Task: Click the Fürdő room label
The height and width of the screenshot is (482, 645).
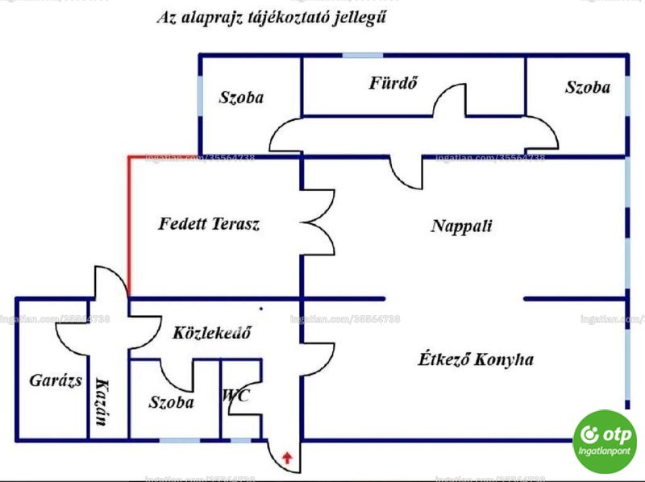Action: [393, 83]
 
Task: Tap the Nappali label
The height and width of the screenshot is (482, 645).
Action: [461, 226]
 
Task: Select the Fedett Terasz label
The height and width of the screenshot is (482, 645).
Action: [209, 224]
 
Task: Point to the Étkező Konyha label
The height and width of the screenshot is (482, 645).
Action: [476, 359]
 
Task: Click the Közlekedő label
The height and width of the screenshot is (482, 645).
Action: [212, 332]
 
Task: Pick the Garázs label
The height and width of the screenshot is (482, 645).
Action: [56, 380]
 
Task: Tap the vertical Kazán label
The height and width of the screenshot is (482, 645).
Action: [103, 402]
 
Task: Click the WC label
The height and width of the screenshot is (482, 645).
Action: [235, 396]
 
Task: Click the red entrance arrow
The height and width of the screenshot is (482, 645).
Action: [287, 457]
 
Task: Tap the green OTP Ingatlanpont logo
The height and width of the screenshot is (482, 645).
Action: [604, 441]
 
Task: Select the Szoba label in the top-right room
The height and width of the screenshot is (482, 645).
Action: [588, 87]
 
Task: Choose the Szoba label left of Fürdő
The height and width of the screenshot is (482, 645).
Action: [241, 98]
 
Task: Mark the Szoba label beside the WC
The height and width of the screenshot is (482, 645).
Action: [171, 402]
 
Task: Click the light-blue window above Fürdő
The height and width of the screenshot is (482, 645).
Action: [363, 56]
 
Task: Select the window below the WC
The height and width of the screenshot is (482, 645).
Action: [240, 440]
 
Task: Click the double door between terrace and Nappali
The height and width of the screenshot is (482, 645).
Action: [318, 222]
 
